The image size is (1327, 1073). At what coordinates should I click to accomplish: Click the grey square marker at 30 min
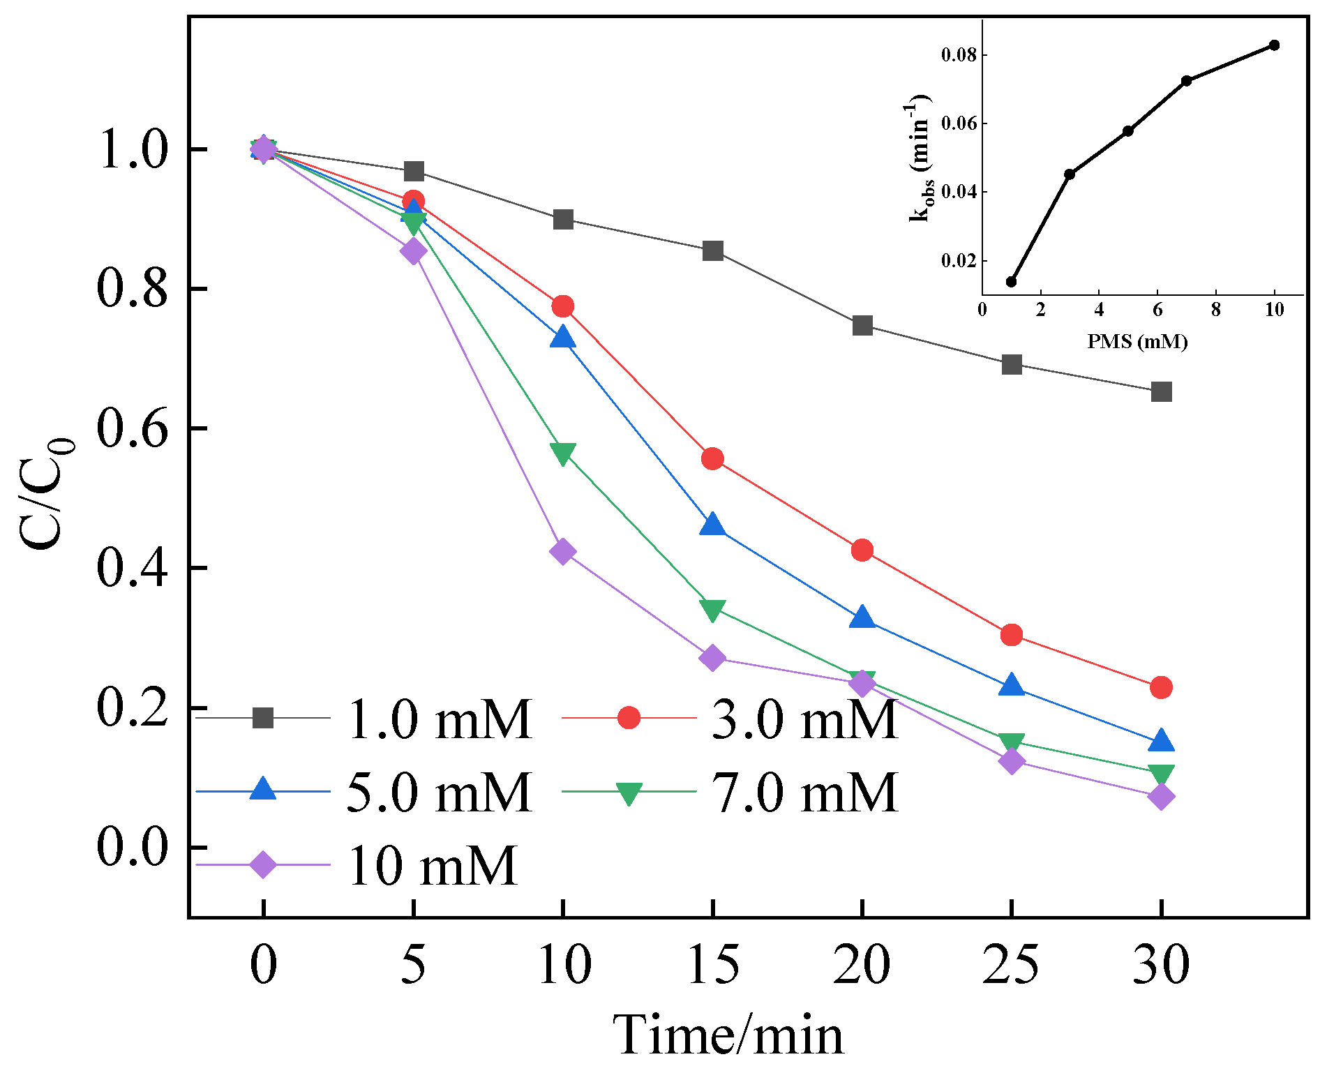coord(1161,391)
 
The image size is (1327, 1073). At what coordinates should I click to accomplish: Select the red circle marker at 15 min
coord(712,458)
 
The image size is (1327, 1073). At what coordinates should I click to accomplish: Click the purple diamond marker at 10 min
coord(563,552)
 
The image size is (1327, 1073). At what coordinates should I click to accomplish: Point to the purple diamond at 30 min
coord(1161,796)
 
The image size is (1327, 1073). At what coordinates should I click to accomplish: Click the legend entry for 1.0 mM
coord(440,719)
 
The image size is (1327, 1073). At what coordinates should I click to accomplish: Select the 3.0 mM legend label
coord(804,719)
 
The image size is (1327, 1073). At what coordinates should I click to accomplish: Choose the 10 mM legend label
coord(432,865)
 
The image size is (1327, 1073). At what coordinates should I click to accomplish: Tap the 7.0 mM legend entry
coord(804,793)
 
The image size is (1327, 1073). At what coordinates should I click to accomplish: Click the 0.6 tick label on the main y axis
coord(133,428)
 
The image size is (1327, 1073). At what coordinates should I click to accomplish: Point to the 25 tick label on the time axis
coord(1011,965)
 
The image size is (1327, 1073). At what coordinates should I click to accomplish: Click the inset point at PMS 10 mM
coord(1274,45)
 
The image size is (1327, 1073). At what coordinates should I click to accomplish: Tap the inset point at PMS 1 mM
coord(1011,282)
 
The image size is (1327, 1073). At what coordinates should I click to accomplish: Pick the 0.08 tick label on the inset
coord(958,55)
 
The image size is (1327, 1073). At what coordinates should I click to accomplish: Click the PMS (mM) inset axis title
coord(1137,342)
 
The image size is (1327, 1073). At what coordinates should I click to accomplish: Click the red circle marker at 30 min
coord(1161,687)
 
